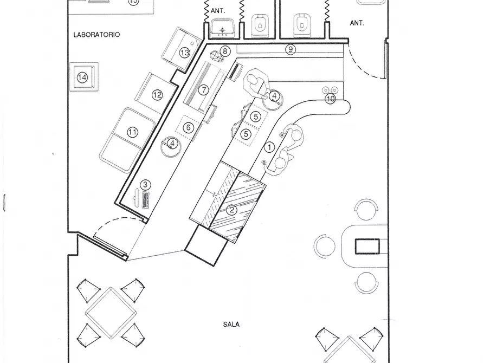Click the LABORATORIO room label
pyautogui.click(x=96, y=35)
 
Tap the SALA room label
pyautogui.click(x=231, y=325)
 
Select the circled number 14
pyautogui.click(x=82, y=77)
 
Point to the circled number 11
pyautogui.click(x=132, y=132)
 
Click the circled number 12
pyautogui.click(x=157, y=95)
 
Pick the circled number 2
pyautogui.click(x=231, y=210)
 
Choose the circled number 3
pyautogui.click(x=145, y=185)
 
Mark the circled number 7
pyautogui.click(x=203, y=90)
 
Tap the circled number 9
pyautogui.click(x=290, y=49)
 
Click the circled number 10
pyautogui.click(x=330, y=99)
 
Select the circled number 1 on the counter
pyautogui.click(x=269, y=147)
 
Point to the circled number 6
pyautogui.click(x=188, y=127)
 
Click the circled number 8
pyautogui.click(x=225, y=51)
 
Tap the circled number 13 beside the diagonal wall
pyautogui.click(x=185, y=53)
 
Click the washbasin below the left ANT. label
pyautogui.click(x=222, y=28)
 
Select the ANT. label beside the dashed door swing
pyautogui.click(x=357, y=23)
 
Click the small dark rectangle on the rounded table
pyautogui.click(x=367, y=247)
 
